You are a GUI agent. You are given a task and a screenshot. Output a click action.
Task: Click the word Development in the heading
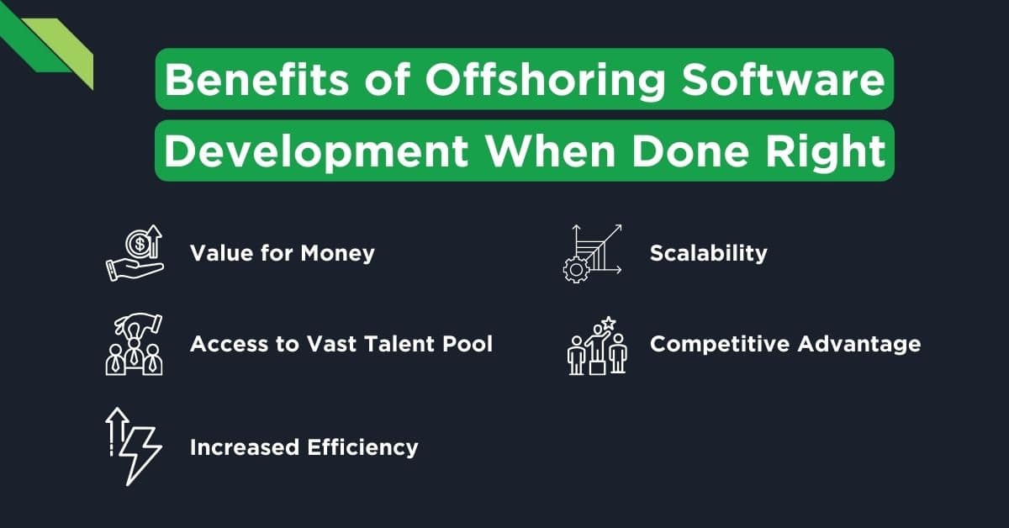pyautogui.click(x=314, y=152)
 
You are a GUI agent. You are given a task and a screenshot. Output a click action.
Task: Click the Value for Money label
pyautogui.click(x=282, y=253)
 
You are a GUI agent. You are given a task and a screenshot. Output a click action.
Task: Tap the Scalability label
pyautogui.click(x=708, y=253)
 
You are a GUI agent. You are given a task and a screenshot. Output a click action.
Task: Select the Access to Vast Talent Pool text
pyautogui.click(x=341, y=344)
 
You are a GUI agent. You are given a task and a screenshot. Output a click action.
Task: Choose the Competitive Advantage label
pyautogui.click(x=785, y=344)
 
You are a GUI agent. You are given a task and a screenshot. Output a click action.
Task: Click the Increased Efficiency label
pyautogui.click(x=304, y=446)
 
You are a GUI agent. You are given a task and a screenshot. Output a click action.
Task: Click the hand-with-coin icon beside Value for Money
pyautogui.click(x=135, y=253)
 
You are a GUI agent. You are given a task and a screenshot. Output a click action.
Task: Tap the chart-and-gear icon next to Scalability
pyautogui.click(x=592, y=251)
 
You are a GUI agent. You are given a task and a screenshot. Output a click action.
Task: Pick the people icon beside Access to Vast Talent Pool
pyautogui.click(x=135, y=345)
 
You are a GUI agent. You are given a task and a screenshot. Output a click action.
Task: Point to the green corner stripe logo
pyautogui.click(x=55, y=46)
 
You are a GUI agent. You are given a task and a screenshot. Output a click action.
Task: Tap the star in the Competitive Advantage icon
pyautogui.click(x=608, y=323)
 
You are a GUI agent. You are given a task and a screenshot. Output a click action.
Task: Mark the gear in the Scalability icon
pyautogui.click(x=576, y=267)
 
